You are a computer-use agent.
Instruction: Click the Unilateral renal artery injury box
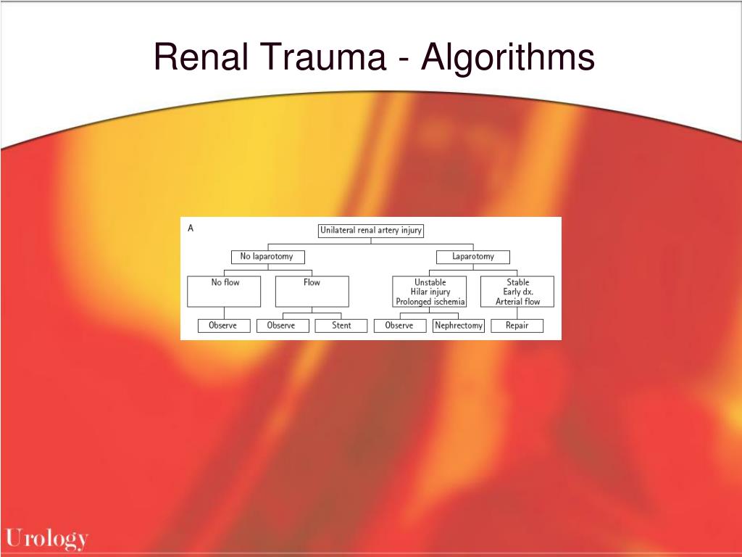point(370,231)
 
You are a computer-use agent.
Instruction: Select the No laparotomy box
point(267,257)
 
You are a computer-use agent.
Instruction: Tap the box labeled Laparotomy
point(473,257)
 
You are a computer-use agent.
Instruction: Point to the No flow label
point(225,282)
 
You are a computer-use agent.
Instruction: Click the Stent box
point(341,326)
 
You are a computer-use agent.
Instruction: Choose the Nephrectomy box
point(458,326)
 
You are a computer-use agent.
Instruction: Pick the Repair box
point(517,326)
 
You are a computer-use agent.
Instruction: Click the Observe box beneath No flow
point(224,326)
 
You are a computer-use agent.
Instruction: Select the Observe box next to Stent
point(281,326)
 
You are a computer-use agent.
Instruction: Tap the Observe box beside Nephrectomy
point(399,326)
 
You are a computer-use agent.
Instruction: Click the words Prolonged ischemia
point(430,302)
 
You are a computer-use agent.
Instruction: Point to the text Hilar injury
point(430,292)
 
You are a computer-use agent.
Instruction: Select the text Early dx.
point(518,292)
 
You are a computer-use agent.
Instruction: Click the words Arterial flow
point(518,302)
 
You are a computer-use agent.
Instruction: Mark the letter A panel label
point(191,228)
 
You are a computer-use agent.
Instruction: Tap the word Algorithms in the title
point(508,57)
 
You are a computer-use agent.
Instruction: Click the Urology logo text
point(47,539)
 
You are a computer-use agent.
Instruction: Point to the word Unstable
point(430,282)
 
